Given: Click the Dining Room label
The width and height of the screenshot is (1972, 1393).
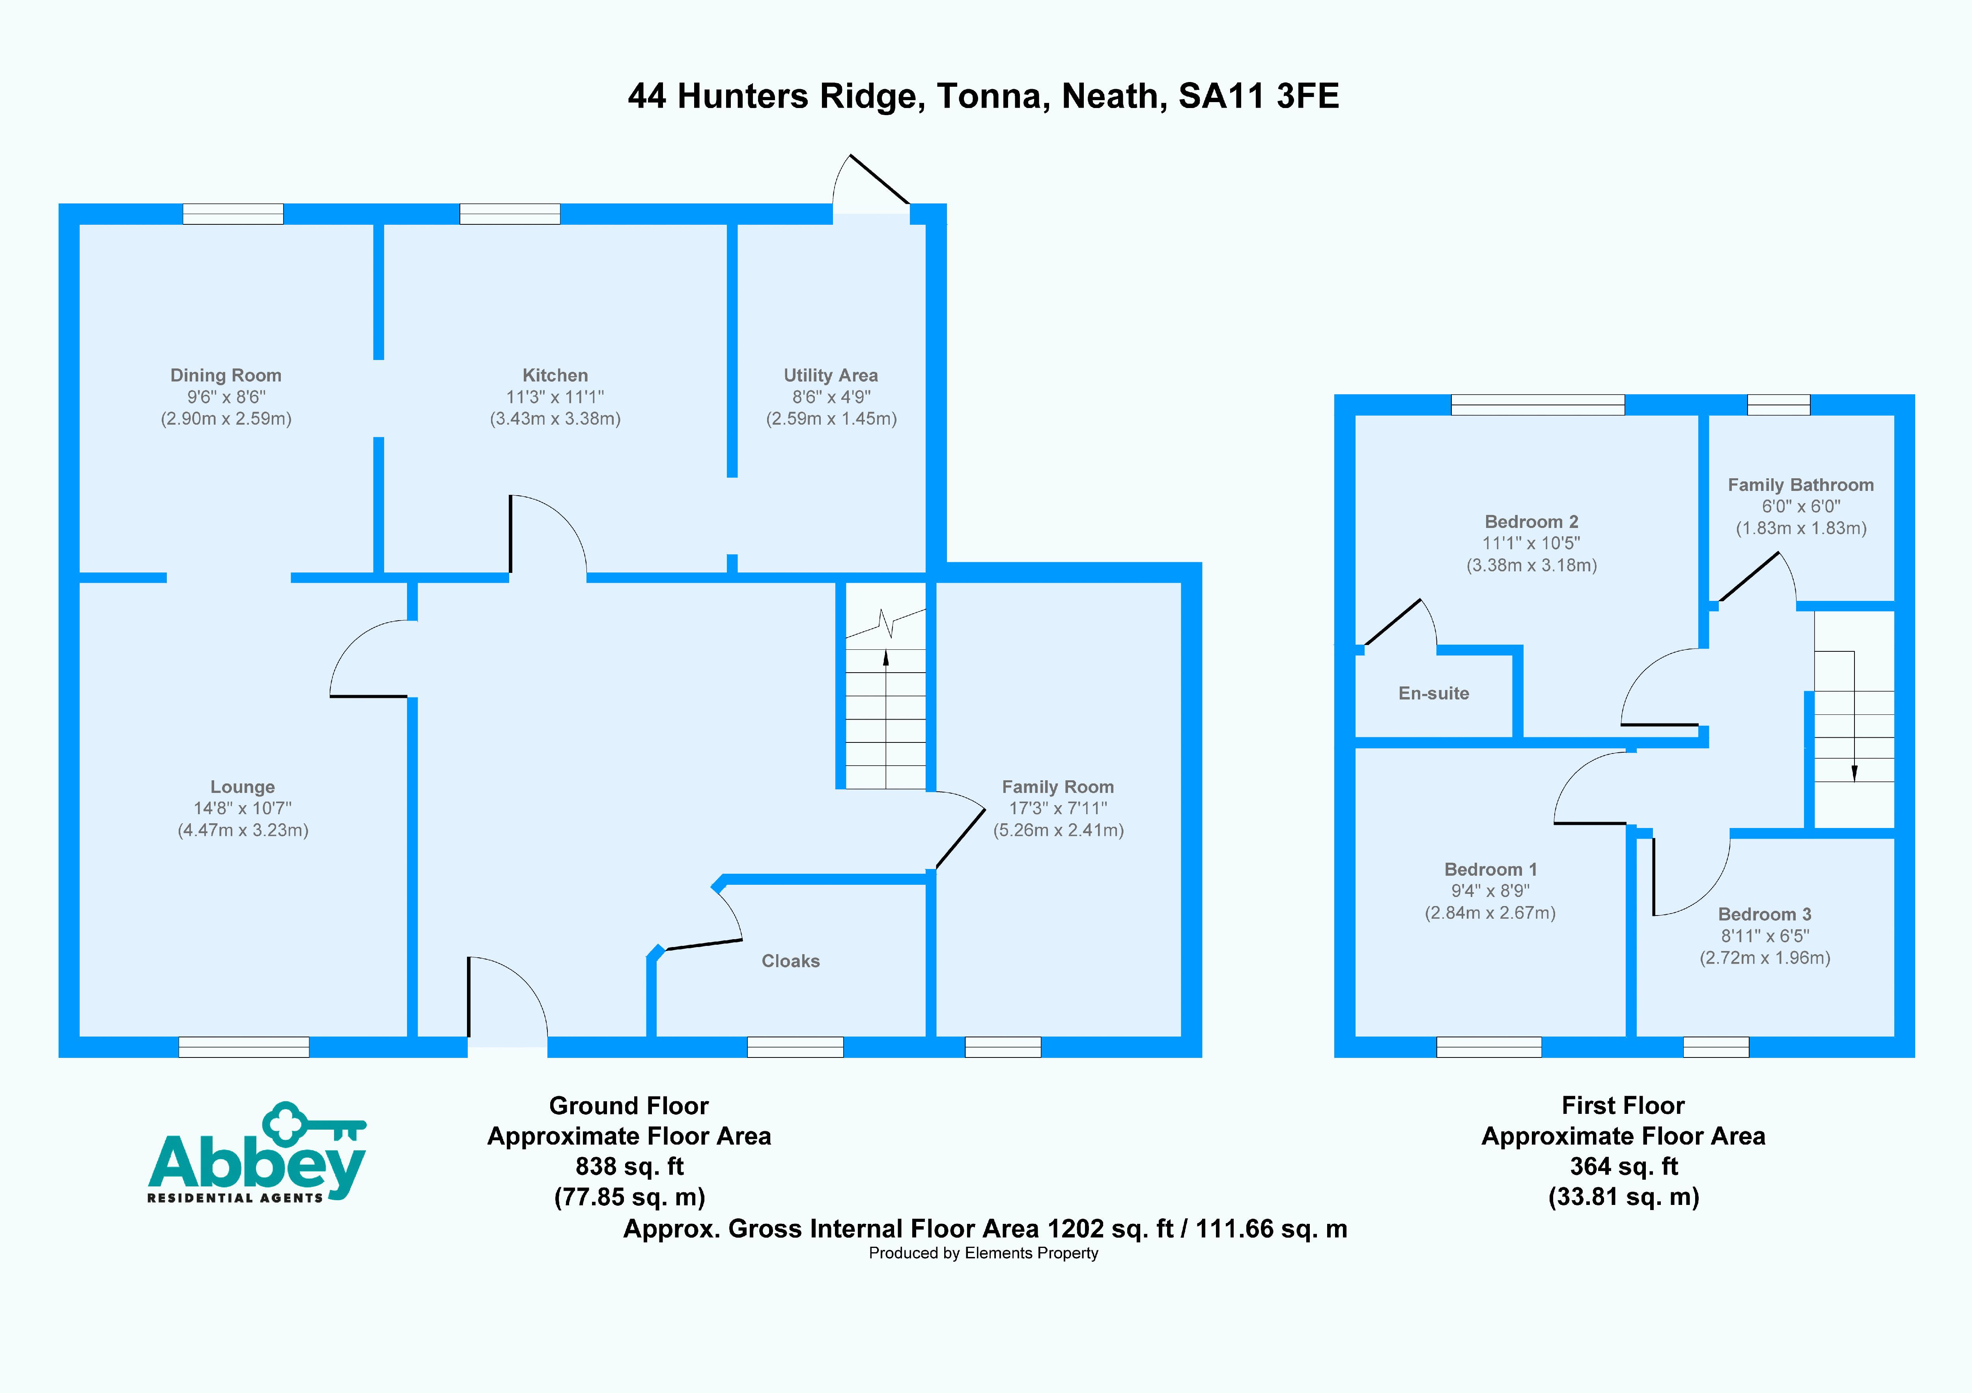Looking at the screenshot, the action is tap(226, 375).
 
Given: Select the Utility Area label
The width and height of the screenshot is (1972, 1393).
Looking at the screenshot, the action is tap(831, 375).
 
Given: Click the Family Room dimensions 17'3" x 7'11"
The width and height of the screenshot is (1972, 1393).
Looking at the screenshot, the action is tap(1058, 808).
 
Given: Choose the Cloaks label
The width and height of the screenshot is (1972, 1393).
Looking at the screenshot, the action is tap(790, 961).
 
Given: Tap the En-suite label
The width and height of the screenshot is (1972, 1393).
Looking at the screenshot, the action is tap(1434, 693).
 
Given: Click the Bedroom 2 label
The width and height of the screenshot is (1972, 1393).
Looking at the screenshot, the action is tap(1531, 521).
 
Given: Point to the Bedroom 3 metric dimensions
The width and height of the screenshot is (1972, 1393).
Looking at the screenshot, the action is tap(1765, 958).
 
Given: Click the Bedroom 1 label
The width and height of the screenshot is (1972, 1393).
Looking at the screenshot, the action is tap(1490, 869).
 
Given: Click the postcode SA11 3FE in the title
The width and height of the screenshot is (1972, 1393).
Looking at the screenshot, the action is tap(1258, 96).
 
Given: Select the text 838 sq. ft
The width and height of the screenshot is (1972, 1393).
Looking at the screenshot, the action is tap(629, 1166).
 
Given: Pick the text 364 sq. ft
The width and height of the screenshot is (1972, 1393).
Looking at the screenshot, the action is tap(1623, 1166).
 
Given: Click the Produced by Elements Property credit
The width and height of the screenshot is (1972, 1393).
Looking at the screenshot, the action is tap(983, 1253).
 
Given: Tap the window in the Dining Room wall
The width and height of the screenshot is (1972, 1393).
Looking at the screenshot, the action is tap(233, 214).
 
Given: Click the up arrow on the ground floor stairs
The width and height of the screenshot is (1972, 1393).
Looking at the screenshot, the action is tap(885, 659).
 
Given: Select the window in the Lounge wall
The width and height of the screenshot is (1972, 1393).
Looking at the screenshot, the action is tap(244, 1047).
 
